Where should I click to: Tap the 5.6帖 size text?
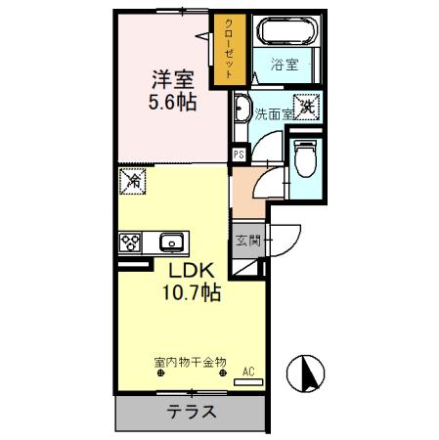pos(171,102)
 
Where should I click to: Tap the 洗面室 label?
pos(274,114)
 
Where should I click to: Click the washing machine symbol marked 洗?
pos(307,107)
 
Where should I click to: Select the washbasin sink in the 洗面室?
pos(243,109)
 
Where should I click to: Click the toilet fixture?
pos(304,158)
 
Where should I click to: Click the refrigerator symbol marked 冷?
pos(131,182)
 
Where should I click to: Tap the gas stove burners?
pos(130,242)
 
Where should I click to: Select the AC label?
pos(248,371)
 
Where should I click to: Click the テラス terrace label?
pos(189,412)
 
